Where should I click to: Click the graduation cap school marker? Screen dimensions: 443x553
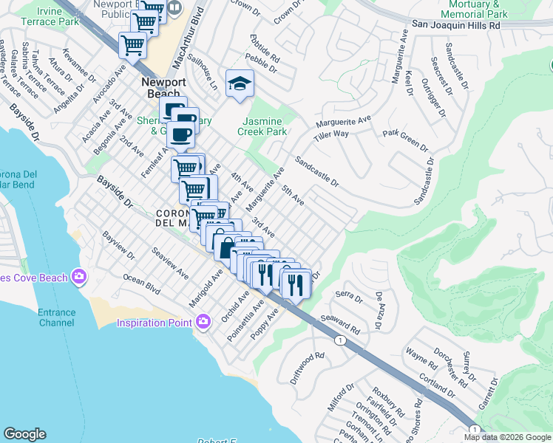click(x=240, y=83)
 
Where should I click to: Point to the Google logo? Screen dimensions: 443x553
click(x=24, y=434)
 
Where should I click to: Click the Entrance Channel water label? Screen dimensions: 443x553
click(x=56, y=317)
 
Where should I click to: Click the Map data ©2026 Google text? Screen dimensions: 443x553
click(x=507, y=437)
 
